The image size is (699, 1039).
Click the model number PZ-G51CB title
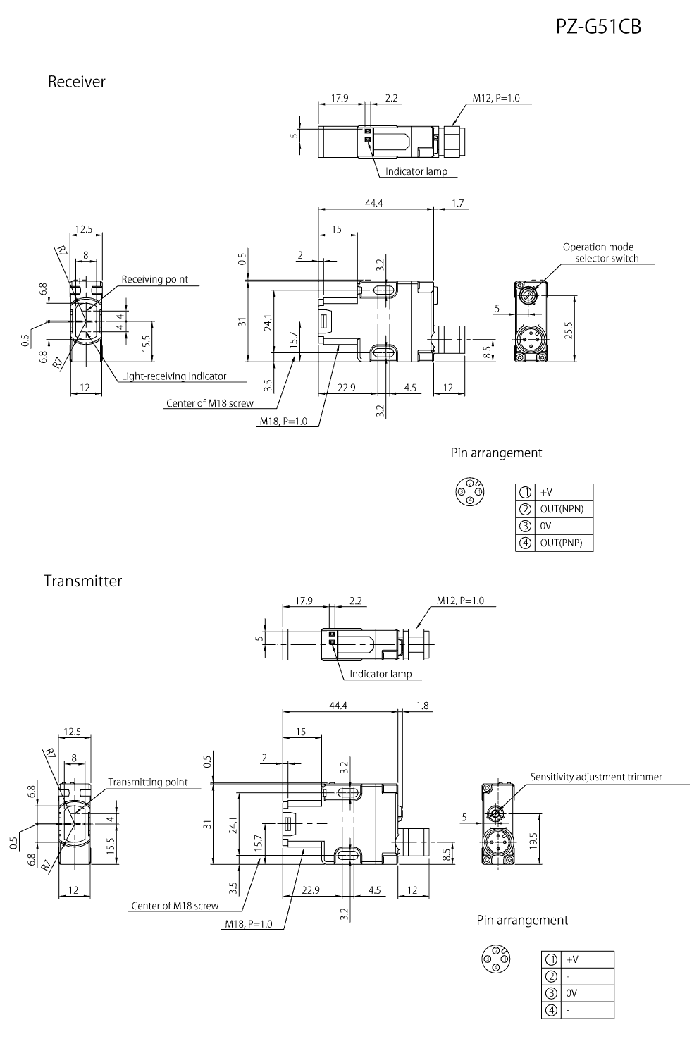[598, 27]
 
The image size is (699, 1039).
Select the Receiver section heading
[76, 82]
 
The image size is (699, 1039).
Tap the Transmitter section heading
[82, 581]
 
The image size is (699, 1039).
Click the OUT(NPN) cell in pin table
[561, 509]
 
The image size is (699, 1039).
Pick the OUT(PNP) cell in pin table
[561, 543]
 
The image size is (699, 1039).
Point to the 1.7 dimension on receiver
[457, 203]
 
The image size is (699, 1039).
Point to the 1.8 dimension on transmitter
[422, 706]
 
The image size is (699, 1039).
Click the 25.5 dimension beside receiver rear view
[569, 328]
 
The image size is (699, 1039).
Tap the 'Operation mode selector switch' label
[600, 252]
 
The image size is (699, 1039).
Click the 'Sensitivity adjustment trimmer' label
[596, 777]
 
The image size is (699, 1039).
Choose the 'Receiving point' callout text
[154, 279]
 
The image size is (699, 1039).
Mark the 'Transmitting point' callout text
[147, 782]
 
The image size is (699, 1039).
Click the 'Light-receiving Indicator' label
[173, 376]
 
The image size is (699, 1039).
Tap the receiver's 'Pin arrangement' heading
[496, 453]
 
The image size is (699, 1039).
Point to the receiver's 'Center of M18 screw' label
[209, 404]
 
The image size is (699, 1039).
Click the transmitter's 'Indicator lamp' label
[381, 674]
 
